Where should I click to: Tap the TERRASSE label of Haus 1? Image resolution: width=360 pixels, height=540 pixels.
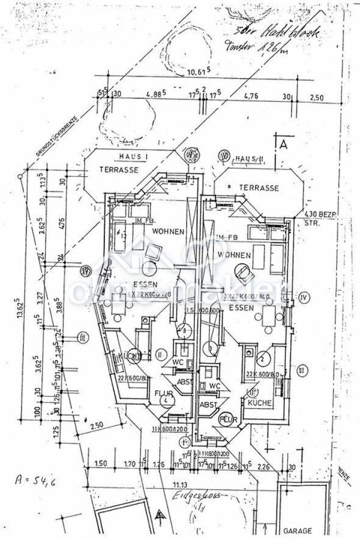pos(119,170)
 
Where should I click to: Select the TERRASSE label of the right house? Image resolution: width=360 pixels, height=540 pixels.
pos(259,188)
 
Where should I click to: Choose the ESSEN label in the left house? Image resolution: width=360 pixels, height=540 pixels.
pos(145,284)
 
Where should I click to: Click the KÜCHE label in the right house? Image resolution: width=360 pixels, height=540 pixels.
pos(260,403)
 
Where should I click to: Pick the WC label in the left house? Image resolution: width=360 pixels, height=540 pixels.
pos(178,362)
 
